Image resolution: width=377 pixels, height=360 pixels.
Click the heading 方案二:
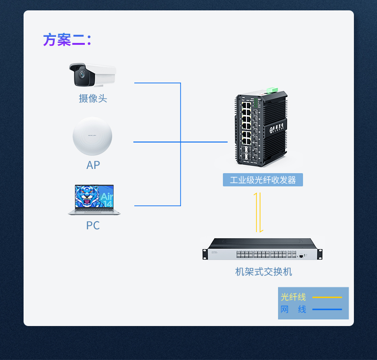tap(67, 40)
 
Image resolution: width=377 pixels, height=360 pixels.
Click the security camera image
tap(92, 75)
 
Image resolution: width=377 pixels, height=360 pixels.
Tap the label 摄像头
tap(93, 99)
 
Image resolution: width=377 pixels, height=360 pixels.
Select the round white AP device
tap(92, 136)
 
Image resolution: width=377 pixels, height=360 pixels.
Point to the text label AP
tap(93, 165)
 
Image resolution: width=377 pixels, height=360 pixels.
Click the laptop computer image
tap(94, 200)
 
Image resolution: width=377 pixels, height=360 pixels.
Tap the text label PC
tap(93, 226)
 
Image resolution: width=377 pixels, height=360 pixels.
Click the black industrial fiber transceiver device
tap(261, 129)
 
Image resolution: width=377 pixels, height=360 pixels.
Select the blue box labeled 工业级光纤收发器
tap(262, 180)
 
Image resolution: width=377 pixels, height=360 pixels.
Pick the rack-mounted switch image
tap(262, 249)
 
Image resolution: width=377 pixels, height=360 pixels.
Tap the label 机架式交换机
tap(263, 272)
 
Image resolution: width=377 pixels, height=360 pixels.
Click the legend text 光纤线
tap(293, 297)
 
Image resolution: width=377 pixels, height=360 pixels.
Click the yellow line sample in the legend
tap(327, 297)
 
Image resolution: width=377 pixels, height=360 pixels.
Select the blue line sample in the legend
tap(327, 310)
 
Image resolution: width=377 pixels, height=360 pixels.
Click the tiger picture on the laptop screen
tap(88, 196)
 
